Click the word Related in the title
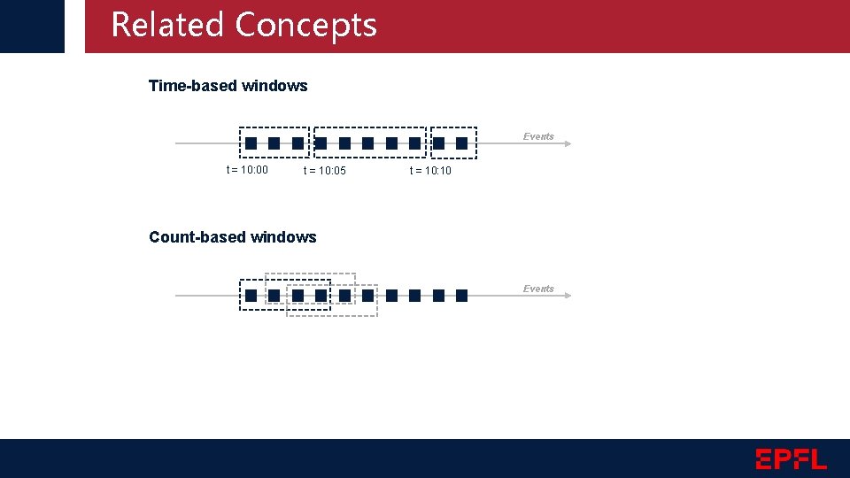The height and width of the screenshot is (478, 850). [167, 25]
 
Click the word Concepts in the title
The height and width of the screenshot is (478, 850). [306, 27]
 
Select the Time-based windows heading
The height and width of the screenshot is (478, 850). [228, 86]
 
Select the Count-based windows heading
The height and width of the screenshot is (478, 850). [232, 237]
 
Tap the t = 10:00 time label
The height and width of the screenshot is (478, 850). [247, 170]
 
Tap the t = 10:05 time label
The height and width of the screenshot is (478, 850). [325, 171]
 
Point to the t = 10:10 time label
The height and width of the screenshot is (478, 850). [430, 171]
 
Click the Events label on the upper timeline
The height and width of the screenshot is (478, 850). [538, 136]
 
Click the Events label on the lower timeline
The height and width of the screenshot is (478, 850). [538, 289]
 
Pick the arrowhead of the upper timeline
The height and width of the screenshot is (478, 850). [567, 143]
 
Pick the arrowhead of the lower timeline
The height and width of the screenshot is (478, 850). [567, 296]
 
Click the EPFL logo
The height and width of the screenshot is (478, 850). [791, 459]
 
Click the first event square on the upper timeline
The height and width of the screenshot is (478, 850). [251, 143]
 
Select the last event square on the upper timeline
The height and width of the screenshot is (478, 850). [461, 143]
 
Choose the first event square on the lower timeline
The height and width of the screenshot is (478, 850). [251, 296]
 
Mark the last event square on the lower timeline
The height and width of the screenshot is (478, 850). [461, 296]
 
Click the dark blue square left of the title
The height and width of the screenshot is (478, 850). [32, 26]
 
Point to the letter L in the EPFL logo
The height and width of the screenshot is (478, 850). [817, 459]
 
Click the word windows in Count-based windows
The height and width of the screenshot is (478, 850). [283, 237]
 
